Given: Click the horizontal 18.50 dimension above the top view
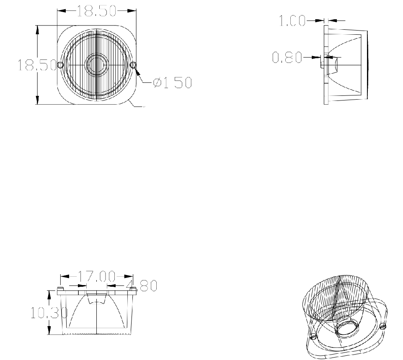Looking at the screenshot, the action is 96,11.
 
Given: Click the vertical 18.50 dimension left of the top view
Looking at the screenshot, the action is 37,65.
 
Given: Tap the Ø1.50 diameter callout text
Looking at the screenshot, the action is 173,82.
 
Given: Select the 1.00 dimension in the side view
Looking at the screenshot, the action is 292,21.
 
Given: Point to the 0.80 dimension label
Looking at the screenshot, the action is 287,57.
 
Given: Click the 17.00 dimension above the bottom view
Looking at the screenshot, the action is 96,276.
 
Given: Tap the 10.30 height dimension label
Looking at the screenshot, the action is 49,313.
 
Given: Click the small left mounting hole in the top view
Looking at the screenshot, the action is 60,65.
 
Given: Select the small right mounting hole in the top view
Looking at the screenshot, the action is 133,65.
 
